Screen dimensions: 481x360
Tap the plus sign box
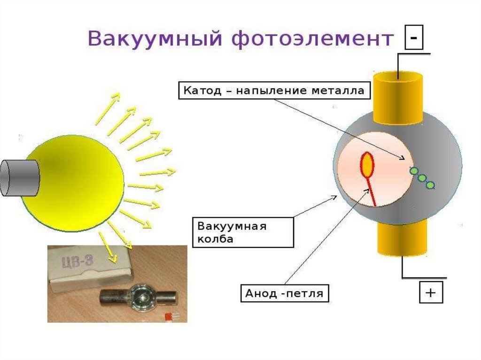[431, 292]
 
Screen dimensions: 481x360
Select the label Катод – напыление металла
[274, 91]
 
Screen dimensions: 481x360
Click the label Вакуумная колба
[243, 232]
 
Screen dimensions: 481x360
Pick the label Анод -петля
[285, 294]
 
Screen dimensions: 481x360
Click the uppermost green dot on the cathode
[414, 171]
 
